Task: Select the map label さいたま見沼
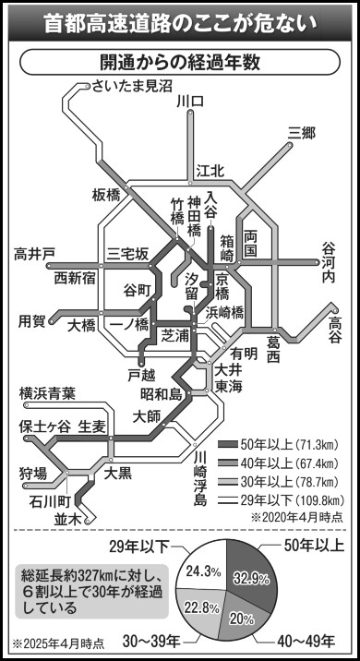(x=132, y=87)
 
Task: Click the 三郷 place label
(x=301, y=133)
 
